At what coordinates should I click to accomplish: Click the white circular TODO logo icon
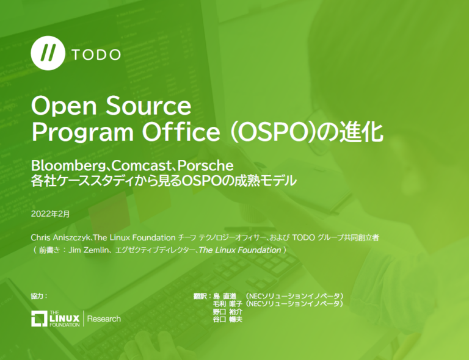coord(47,54)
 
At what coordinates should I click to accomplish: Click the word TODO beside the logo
coord(96,54)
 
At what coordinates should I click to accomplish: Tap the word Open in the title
coord(60,107)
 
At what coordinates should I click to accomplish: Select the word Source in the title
coord(145,107)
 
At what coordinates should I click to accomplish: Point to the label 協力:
coord(38,296)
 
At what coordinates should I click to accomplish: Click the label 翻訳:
coord(202,296)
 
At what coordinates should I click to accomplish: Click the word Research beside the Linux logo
coord(104,319)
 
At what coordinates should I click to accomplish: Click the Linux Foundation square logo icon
coord(40,319)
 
